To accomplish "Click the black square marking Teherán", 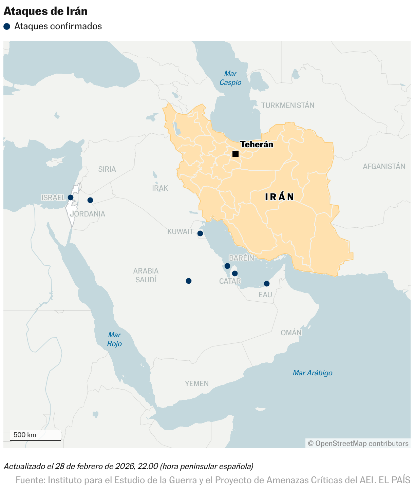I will click(x=236, y=154).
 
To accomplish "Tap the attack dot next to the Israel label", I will click(x=71, y=197).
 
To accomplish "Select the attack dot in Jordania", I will click(x=90, y=200).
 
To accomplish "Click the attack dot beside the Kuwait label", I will click(x=200, y=233).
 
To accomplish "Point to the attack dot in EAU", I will click(x=267, y=284).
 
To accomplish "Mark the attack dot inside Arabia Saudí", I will click(x=189, y=281).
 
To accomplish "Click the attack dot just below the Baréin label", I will click(x=227, y=266).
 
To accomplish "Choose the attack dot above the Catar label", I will click(x=235, y=274).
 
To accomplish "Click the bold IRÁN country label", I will click(x=279, y=197).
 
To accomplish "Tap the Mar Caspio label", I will click(x=230, y=78).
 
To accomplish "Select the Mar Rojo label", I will click(x=114, y=339).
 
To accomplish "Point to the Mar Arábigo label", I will click(x=313, y=373).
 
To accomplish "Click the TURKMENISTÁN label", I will click(x=288, y=105).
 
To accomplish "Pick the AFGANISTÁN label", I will click(x=384, y=166).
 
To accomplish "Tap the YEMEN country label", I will click(x=197, y=383).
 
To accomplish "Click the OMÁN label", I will click(x=291, y=333).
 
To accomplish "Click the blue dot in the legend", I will click(x=7, y=26).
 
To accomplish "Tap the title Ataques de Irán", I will click(x=45, y=11).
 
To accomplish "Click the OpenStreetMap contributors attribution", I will click(x=358, y=443).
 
